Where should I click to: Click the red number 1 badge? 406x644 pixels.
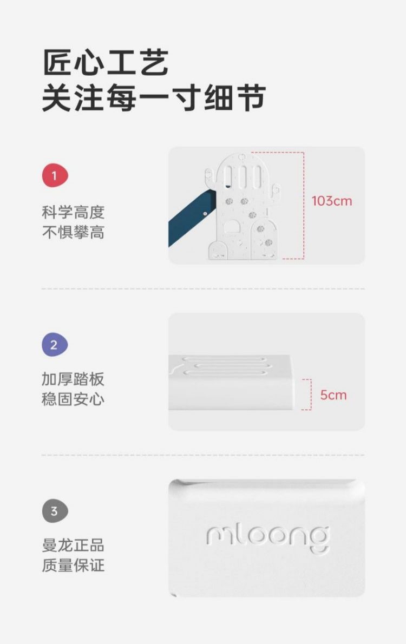coord(55,176)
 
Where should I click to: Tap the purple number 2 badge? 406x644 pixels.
coord(55,345)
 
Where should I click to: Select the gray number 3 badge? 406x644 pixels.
coord(55,511)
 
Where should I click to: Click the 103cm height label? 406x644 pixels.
coord(332,201)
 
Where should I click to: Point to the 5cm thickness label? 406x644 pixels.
coord(333,395)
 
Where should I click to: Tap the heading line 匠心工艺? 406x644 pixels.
coord(106,62)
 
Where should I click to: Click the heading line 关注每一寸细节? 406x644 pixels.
coord(154,98)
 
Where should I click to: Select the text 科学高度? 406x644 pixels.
coord(73,212)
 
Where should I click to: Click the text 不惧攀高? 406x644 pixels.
coord(73,233)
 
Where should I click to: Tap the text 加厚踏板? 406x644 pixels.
coord(73,379)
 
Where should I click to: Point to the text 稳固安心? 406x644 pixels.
coord(73,399)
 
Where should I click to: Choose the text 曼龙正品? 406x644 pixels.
coord(73,546)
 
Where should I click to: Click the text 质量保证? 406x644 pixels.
coord(73,566)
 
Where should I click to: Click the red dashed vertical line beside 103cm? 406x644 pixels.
coord(304,205)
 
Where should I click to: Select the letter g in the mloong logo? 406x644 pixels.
coord(319,541)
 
